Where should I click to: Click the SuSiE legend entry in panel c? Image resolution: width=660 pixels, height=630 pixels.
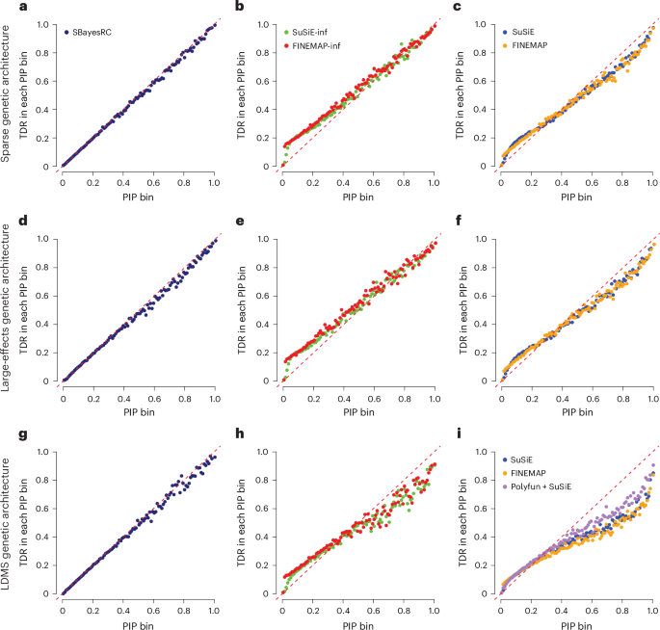click(532, 32)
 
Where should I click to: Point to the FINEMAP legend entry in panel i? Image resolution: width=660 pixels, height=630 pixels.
click(537, 473)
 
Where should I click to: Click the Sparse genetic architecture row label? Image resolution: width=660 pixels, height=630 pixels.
click(9, 96)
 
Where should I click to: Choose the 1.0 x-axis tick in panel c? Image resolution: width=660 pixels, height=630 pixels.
click(651, 179)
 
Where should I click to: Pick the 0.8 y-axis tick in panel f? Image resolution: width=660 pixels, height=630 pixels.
click(482, 267)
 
